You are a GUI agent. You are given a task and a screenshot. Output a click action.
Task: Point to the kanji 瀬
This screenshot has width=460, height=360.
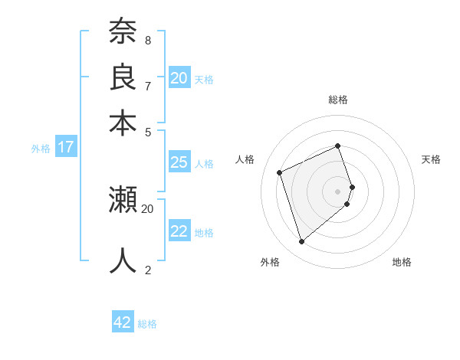pyautogui.click(x=123, y=201)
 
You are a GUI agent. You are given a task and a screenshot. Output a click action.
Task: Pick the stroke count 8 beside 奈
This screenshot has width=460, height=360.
pyautogui.click(x=148, y=40)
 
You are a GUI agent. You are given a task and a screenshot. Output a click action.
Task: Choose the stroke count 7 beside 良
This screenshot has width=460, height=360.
pyautogui.click(x=148, y=86)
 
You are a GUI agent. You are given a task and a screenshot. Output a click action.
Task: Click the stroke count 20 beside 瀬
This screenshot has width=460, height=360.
pyautogui.click(x=148, y=208)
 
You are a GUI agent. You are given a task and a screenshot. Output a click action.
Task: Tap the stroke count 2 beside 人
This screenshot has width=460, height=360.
pyautogui.click(x=148, y=270)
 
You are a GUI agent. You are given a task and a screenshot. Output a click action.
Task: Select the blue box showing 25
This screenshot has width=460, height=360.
pyautogui.click(x=179, y=162)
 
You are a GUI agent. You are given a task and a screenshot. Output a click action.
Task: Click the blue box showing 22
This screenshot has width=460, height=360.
pyautogui.click(x=179, y=231)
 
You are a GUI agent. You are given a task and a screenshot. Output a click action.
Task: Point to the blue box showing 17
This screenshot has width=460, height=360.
pyautogui.click(x=65, y=147)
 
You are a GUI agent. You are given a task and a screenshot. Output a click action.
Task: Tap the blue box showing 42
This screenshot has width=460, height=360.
pyautogui.click(x=123, y=322)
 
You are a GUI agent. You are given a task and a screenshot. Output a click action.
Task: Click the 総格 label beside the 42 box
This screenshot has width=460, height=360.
pyautogui.click(x=147, y=324)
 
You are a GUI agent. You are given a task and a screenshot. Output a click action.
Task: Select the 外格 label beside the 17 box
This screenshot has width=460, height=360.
pyautogui.click(x=41, y=149)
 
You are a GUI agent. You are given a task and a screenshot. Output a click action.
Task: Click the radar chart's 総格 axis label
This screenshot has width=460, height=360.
pyautogui.click(x=338, y=100)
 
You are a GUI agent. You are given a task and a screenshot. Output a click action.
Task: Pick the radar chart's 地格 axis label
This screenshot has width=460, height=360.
pyautogui.click(x=402, y=263)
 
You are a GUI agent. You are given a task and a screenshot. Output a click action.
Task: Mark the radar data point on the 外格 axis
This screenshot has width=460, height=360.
pyautogui.click(x=301, y=242)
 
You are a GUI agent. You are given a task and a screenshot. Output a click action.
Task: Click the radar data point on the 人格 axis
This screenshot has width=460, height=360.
pyautogui.click(x=280, y=172)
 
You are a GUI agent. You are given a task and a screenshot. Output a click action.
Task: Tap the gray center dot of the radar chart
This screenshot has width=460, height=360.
pyautogui.click(x=338, y=191)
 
